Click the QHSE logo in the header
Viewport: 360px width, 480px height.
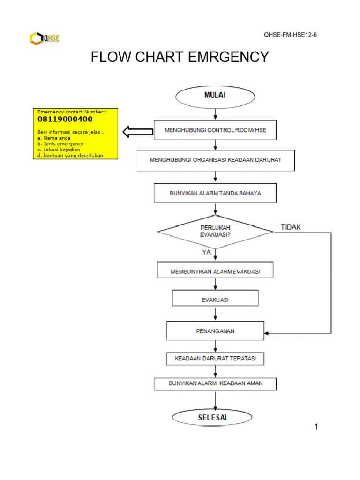[45, 38]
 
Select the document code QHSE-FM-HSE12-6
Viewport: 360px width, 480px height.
[290, 35]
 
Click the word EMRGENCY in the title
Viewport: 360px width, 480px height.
[228, 57]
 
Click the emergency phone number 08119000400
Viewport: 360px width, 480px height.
[65, 119]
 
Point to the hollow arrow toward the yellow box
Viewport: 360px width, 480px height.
[138, 132]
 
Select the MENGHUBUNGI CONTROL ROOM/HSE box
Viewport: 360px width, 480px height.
[215, 130]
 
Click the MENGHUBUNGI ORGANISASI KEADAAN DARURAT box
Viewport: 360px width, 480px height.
[216, 160]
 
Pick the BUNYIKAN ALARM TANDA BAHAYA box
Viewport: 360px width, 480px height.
[215, 193]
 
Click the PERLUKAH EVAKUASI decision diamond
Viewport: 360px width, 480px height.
[215, 232]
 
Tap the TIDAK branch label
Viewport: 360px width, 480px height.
[291, 227]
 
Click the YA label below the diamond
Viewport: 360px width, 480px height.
[206, 252]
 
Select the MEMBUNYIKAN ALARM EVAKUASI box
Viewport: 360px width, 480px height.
[215, 270]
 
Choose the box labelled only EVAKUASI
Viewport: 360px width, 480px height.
[215, 298]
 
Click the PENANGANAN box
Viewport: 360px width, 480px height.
[215, 330]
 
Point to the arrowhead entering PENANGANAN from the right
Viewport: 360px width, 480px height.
[266, 333]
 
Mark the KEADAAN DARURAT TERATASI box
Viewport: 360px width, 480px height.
[215, 359]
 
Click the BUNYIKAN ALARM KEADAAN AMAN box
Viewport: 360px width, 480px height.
[215, 384]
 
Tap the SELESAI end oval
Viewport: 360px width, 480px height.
[212, 417]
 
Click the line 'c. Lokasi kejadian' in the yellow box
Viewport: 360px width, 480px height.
[59, 150]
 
